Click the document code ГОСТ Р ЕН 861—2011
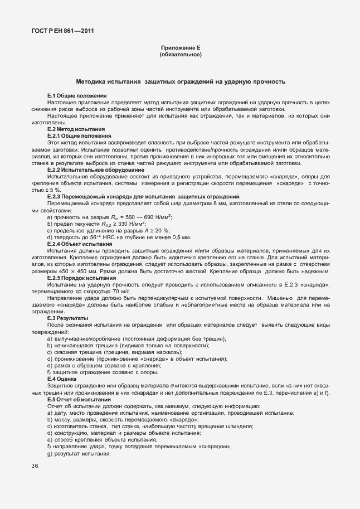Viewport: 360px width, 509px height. click(x=62, y=31)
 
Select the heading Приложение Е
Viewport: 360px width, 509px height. click(x=180, y=49)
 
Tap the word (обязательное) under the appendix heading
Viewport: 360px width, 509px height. click(x=180, y=55)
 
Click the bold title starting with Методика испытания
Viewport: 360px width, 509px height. click(x=181, y=81)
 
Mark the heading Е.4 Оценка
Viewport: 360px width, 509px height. click(x=62, y=379)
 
